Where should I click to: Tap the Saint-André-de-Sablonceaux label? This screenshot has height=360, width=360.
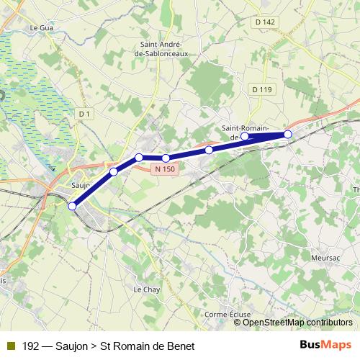pos(165,48)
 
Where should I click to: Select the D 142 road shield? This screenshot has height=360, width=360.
pos(265,22)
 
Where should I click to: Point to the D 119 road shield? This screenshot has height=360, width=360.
pos(262,89)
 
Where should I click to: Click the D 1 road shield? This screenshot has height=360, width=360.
pos(85,114)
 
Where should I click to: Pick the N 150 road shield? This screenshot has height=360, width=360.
pos(164,169)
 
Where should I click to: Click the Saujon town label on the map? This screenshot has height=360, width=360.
pos(80,184)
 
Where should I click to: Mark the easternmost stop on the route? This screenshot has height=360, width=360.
pos(288,134)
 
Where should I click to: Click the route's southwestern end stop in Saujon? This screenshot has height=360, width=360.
pos(72,206)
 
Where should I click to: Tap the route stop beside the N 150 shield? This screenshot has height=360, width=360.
pos(166,158)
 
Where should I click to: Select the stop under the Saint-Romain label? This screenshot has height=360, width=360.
pos(245,136)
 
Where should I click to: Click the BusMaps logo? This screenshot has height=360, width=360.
pos(325,346)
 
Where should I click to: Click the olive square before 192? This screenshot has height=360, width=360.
pos(10,346)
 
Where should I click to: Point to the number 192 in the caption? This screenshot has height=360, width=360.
pos(31,346)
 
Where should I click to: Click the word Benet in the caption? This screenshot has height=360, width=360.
pos(180,346)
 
